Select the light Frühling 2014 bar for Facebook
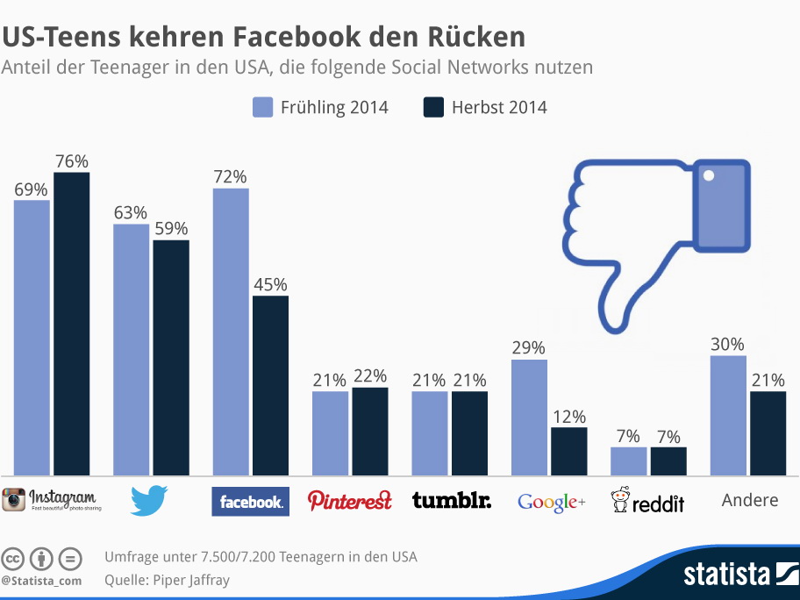(x=230, y=332)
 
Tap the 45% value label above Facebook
(x=270, y=285)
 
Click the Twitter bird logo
(x=149, y=500)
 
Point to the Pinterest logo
(x=349, y=501)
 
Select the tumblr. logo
(x=452, y=501)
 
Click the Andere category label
(x=750, y=500)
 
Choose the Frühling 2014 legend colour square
(x=263, y=108)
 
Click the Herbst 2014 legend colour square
(x=434, y=108)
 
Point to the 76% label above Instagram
(x=72, y=161)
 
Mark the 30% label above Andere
(x=728, y=345)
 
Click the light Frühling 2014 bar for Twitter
(x=131, y=349)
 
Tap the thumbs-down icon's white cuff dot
(x=709, y=176)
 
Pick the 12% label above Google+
(x=568, y=417)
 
